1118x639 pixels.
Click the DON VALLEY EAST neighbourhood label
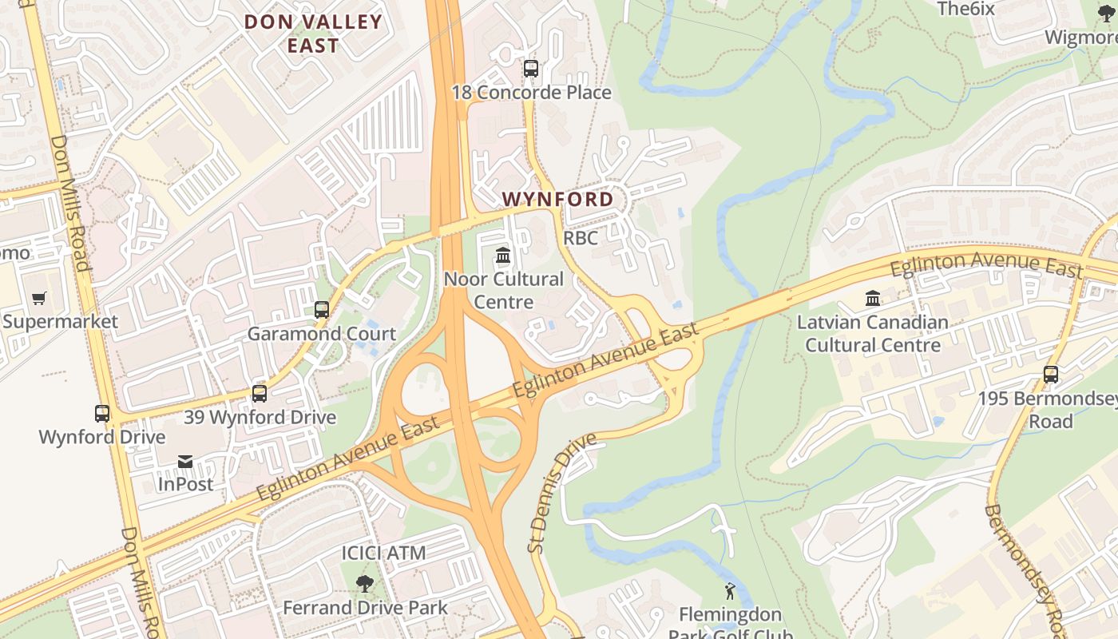click(x=313, y=34)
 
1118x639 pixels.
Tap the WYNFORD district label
click(x=558, y=200)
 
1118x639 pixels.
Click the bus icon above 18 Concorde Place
click(x=531, y=69)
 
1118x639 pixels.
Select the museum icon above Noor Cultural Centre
click(x=503, y=256)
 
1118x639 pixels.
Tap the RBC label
click(x=581, y=238)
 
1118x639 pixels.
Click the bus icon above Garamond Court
click(x=322, y=310)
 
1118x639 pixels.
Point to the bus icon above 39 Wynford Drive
click(x=260, y=394)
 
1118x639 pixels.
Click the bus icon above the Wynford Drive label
click(x=102, y=414)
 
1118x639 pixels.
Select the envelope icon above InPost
click(x=185, y=461)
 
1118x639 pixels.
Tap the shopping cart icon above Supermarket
click(x=39, y=299)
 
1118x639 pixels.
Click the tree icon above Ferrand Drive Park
click(x=365, y=584)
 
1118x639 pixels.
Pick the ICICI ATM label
click(x=383, y=553)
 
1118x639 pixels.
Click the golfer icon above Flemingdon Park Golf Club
click(x=729, y=592)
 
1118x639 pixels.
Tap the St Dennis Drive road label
click(x=562, y=493)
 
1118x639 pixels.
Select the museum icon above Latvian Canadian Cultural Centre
click(x=873, y=299)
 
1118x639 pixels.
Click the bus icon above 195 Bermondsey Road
click(x=1051, y=375)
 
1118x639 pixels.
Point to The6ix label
click(x=965, y=9)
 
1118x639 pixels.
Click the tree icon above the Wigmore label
click(x=1106, y=14)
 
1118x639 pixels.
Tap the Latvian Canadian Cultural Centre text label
click(x=873, y=334)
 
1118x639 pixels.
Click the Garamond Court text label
click(x=321, y=334)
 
